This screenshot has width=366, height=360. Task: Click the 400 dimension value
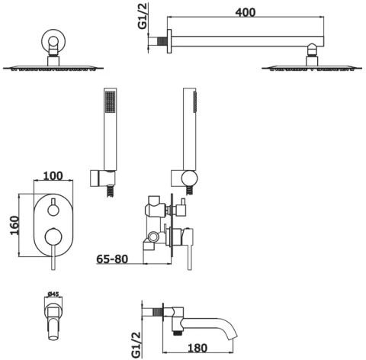click(x=246, y=12)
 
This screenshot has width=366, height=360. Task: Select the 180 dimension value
click(x=197, y=348)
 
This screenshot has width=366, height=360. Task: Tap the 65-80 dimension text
click(x=112, y=259)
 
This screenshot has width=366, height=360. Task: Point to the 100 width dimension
click(x=53, y=175)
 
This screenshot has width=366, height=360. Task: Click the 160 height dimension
click(x=14, y=225)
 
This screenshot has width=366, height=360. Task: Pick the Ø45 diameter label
click(x=53, y=294)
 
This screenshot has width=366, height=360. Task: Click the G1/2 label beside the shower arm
click(x=143, y=16)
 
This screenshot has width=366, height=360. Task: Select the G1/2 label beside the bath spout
click(x=136, y=344)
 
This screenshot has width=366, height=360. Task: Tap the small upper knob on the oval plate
click(x=53, y=211)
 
